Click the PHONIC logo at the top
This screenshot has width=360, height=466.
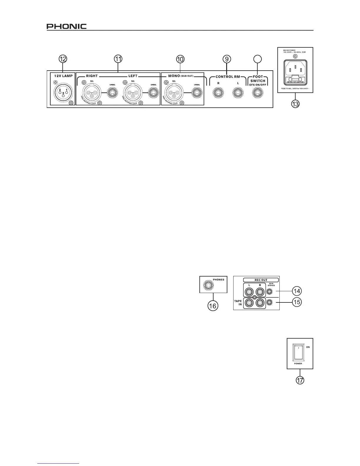click(66, 26)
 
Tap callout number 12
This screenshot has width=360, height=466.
click(62, 59)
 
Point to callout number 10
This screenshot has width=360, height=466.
click(180, 59)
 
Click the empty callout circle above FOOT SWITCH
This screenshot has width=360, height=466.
click(258, 59)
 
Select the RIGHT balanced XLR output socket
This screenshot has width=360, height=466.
click(91, 93)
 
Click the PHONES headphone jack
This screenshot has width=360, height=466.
click(208, 285)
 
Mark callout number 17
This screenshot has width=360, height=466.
click(300, 380)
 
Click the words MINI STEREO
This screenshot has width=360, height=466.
click(271, 284)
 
